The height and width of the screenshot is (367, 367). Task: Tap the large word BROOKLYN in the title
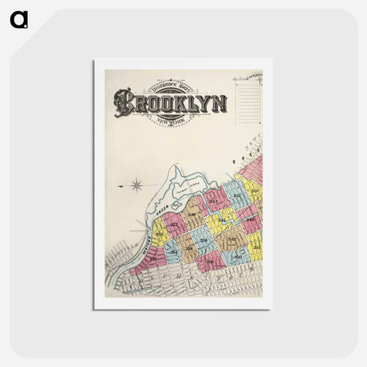170,103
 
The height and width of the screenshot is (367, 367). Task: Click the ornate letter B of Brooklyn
124,103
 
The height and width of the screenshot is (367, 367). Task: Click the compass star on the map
136,186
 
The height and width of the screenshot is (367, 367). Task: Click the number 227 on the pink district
174,225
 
